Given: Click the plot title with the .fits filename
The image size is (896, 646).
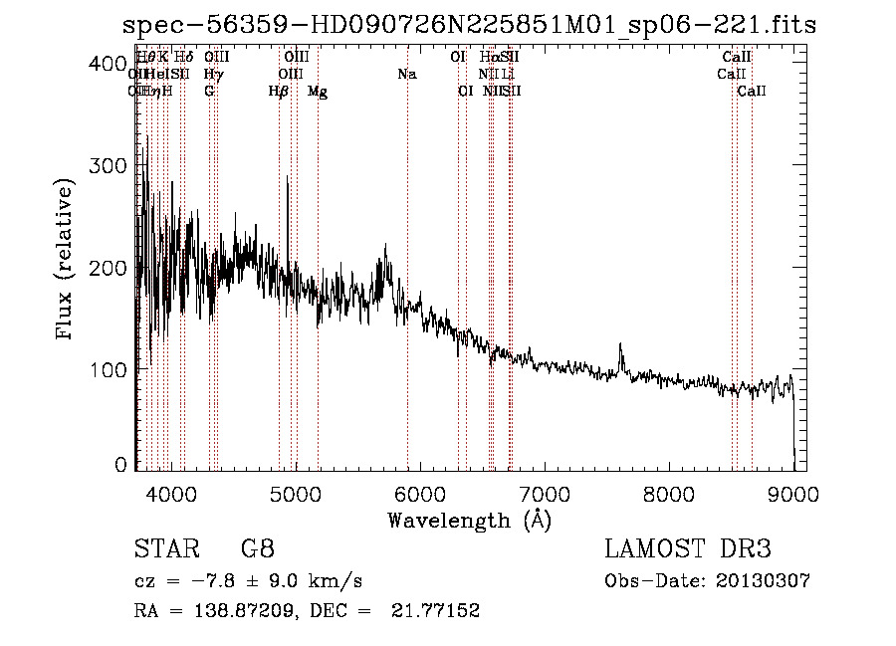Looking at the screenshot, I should [x=475, y=25].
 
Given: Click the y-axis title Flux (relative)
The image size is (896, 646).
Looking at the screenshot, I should [x=67, y=262].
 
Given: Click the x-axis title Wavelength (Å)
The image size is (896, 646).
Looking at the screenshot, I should [x=469, y=520].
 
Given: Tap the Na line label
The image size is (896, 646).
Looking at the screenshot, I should [x=406, y=75].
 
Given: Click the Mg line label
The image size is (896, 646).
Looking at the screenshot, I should [x=318, y=92].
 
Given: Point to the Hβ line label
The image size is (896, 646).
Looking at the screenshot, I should [x=279, y=92].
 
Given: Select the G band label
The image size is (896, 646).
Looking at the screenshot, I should [x=209, y=92].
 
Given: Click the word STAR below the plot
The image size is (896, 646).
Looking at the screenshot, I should [x=159, y=549].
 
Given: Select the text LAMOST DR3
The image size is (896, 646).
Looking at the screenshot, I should [x=687, y=549].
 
